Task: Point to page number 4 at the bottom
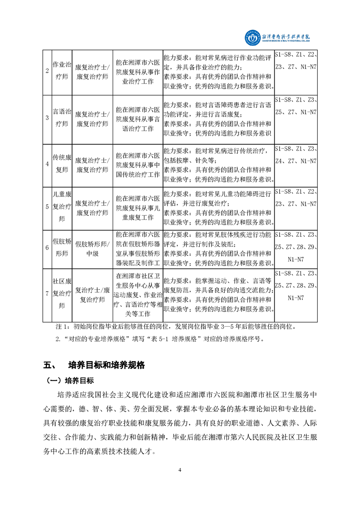click(x=180, y=470)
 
